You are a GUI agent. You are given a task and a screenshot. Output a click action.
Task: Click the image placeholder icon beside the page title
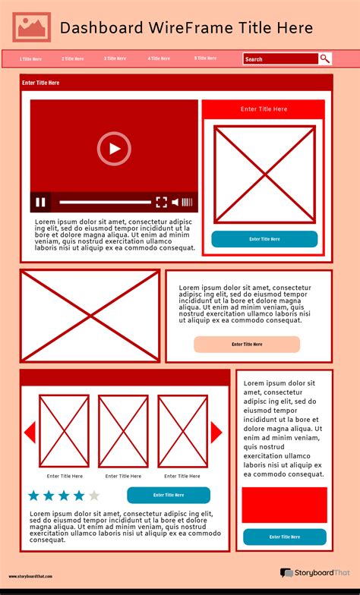(32, 27)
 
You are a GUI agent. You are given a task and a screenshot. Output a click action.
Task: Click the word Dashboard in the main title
(101, 28)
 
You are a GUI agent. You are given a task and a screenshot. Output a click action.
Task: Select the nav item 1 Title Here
(31, 58)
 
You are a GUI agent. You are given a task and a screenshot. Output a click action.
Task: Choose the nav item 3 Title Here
(115, 58)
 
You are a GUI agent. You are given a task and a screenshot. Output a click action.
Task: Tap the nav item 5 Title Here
(205, 58)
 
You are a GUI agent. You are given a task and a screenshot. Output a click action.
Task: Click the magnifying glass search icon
(325, 58)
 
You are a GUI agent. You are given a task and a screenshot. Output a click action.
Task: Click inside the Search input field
(279, 58)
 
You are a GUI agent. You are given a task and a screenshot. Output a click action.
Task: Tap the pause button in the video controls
(41, 202)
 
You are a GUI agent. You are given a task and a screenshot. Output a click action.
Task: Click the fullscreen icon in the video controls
(161, 202)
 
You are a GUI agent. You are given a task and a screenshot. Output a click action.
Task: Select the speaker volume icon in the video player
(175, 202)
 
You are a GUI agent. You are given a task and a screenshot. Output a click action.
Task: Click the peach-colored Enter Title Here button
(247, 345)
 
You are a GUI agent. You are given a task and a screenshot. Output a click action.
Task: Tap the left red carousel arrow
(30, 432)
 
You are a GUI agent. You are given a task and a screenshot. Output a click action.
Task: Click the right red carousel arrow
(216, 432)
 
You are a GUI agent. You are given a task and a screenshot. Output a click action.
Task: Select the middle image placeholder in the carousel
(123, 431)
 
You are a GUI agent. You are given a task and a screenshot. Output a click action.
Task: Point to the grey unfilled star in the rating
(94, 496)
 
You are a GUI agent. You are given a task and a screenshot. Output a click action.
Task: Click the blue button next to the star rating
(169, 496)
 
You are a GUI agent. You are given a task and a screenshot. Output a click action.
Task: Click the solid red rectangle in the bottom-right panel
(284, 505)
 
